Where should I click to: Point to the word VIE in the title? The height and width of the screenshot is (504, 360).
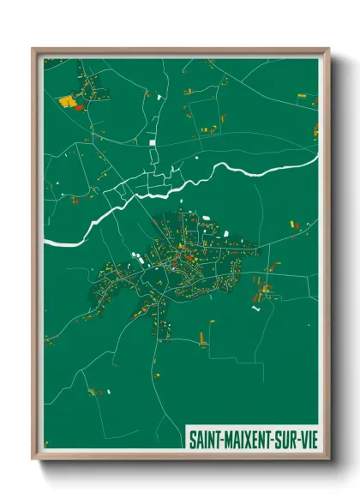306,437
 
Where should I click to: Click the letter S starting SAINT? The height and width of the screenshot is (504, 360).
192,437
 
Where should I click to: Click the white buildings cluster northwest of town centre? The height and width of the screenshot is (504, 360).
137,255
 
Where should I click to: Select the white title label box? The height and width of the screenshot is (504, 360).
252,437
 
